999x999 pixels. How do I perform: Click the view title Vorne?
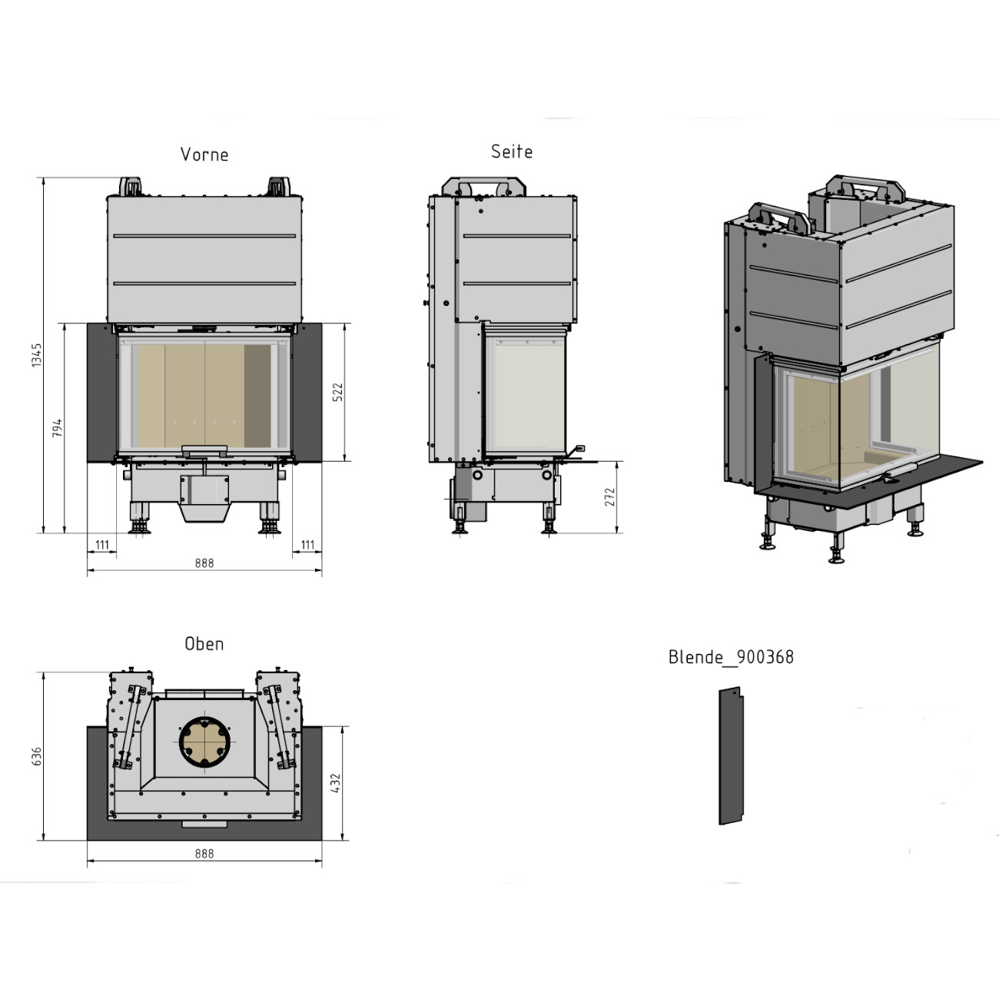(204, 154)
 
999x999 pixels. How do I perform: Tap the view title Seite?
(512, 152)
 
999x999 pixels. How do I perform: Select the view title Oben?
(204, 645)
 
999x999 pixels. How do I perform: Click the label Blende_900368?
(731, 657)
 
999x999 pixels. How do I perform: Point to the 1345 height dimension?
(37, 355)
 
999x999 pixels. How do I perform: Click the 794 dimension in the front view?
(57, 428)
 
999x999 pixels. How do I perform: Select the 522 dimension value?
(337, 393)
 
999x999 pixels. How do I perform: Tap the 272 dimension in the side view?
(609, 497)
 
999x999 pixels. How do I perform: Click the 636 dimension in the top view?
(37, 757)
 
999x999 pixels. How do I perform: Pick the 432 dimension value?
(336, 783)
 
